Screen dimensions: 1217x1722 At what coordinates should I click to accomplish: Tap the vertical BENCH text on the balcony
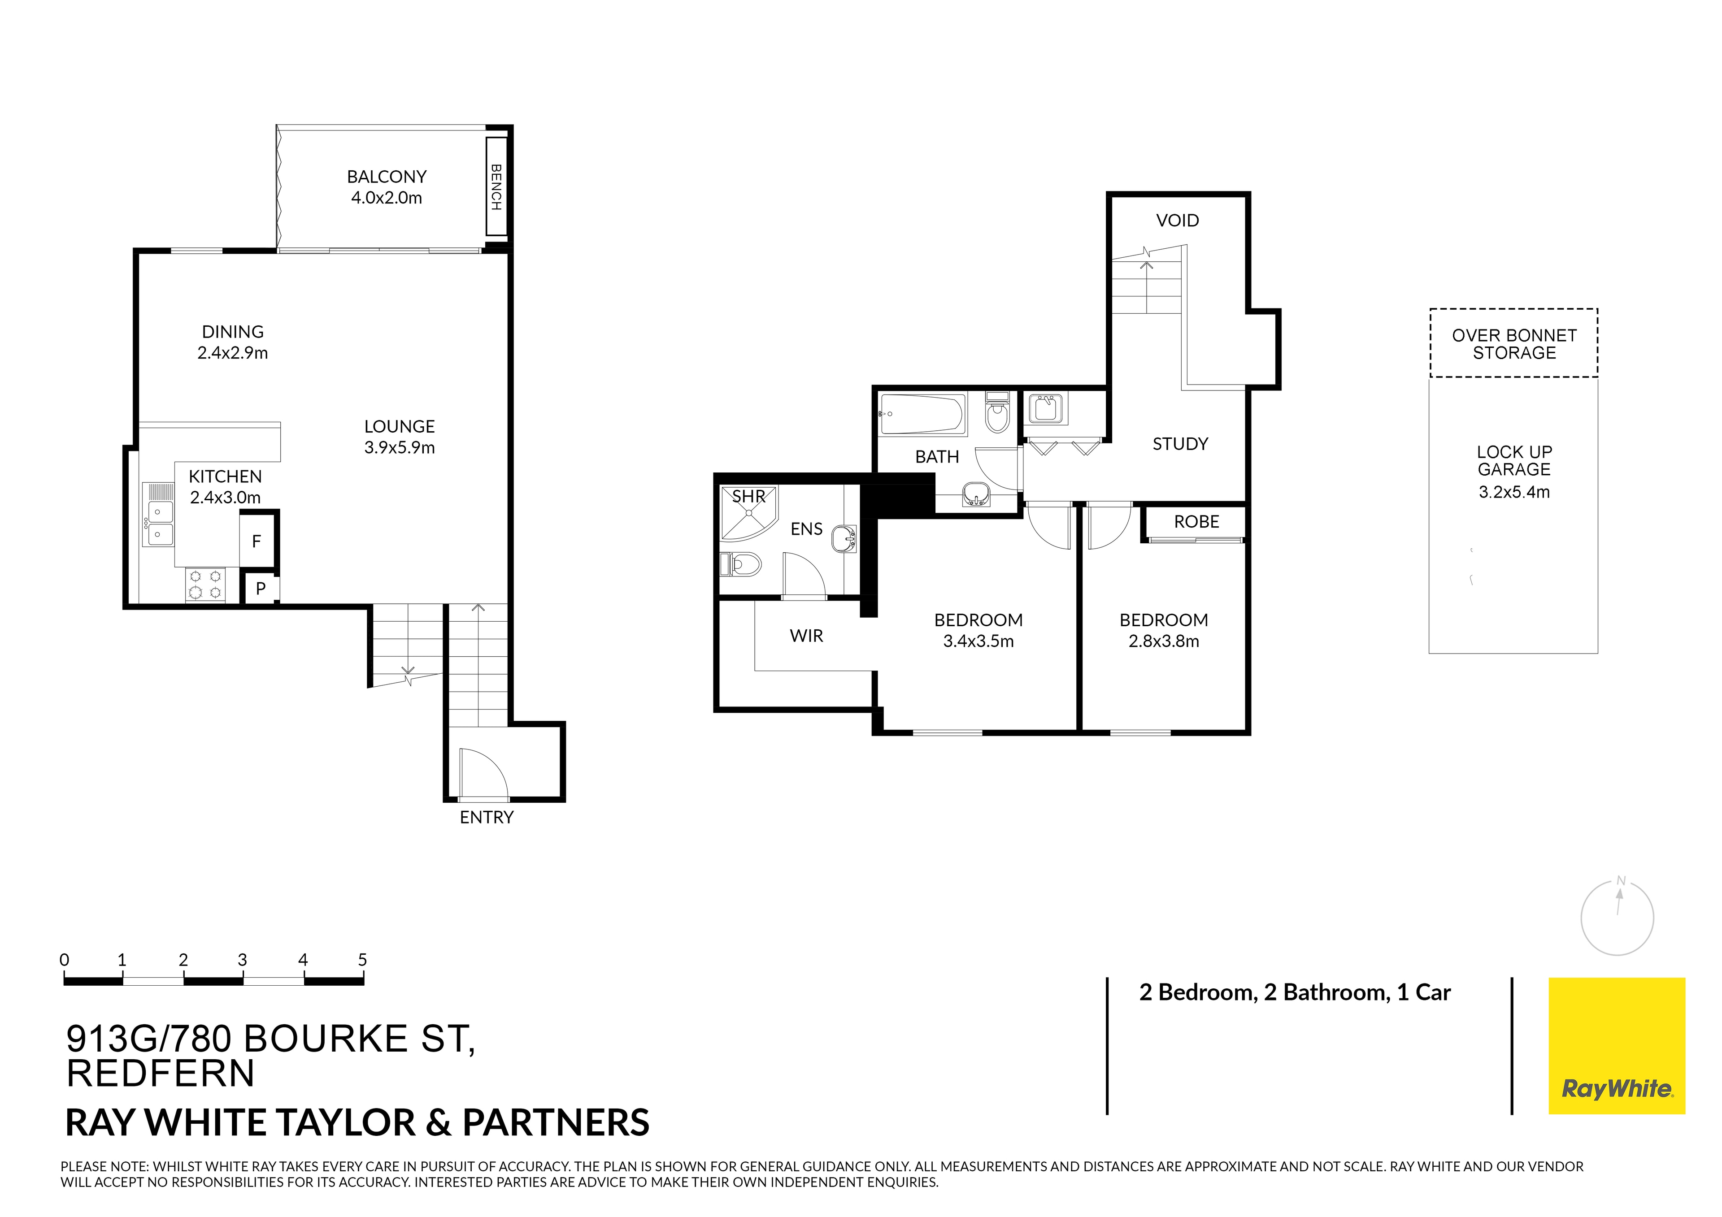(496, 187)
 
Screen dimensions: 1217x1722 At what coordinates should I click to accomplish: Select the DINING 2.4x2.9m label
(232, 342)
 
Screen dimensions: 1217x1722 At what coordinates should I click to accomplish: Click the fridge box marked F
(257, 541)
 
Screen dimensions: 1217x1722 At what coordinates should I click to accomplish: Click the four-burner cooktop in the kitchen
(205, 585)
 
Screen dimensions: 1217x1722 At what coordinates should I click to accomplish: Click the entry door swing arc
(484, 772)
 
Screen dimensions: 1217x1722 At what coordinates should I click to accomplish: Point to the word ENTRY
(486, 817)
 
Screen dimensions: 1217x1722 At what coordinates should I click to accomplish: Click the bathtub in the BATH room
(922, 415)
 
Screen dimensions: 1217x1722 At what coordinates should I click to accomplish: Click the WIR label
(806, 636)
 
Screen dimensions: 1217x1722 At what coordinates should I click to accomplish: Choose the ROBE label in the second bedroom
(1196, 522)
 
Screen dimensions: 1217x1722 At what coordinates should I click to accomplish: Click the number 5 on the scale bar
(362, 960)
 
